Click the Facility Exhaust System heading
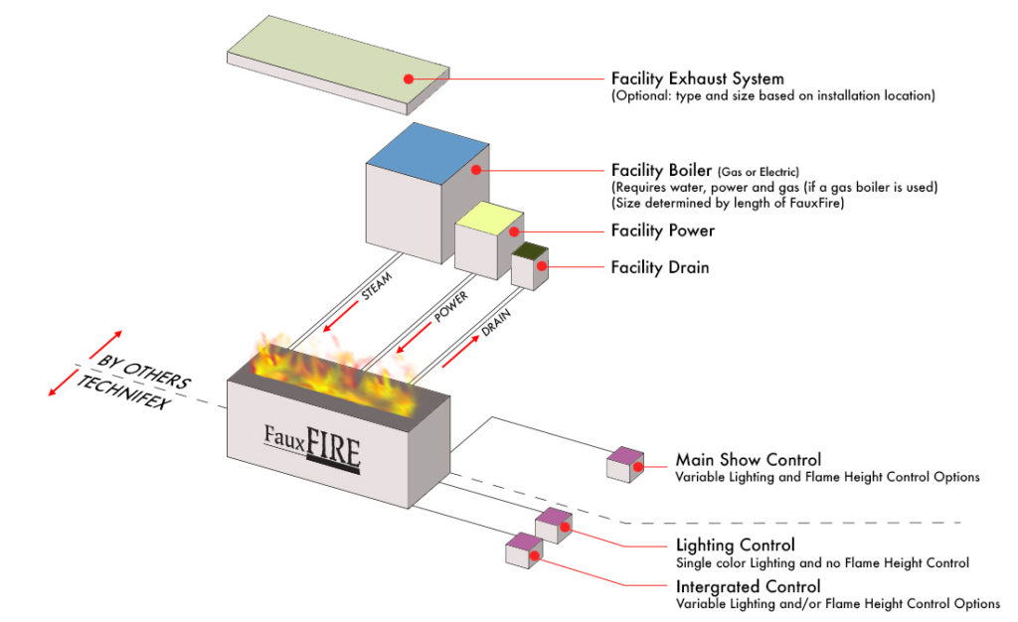[x=697, y=78]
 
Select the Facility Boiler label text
[x=660, y=170]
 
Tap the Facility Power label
[x=662, y=231]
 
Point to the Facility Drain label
[x=660, y=267]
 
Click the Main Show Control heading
[x=748, y=460]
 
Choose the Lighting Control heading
[x=735, y=545]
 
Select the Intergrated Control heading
[x=748, y=586]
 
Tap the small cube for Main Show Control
[x=624, y=465]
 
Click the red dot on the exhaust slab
[x=407, y=77]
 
